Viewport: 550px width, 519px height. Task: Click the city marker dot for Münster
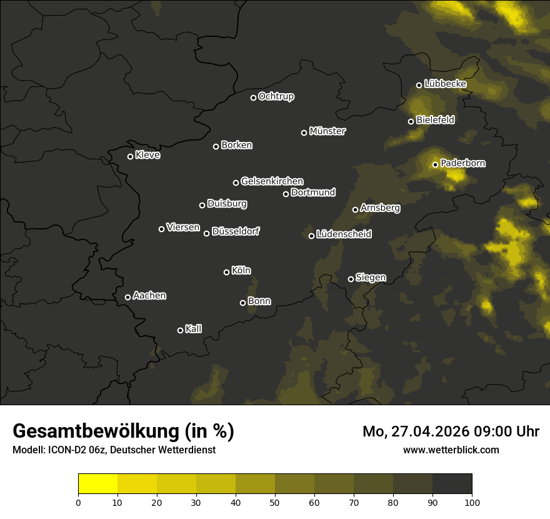(x=304, y=133)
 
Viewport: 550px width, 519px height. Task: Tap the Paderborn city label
(x=462, y=163)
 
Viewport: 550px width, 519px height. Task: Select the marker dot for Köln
(x=226, y=272)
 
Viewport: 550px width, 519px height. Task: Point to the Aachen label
(x=149, y=296)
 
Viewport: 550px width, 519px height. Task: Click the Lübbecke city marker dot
(x=419, y=85)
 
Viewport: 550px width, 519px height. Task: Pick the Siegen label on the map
(x=371, y=278)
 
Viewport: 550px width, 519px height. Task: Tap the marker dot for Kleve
(x=130, y=156)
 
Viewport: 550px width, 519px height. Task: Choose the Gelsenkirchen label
(x=272, y=181)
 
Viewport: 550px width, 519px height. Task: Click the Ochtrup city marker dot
(x=253, y=98)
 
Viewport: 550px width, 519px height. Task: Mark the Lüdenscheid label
(x=344, y=234)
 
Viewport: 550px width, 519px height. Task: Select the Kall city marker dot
(x=180, y=330)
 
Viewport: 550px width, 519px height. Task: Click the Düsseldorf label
(x=236, y=231)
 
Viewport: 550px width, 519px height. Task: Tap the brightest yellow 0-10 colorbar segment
(x=97, y=484)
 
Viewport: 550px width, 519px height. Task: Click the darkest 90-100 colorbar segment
(x=452, y=484)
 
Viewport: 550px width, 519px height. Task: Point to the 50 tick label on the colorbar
(x=275, y=502)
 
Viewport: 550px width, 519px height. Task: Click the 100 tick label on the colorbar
(x=472, y=502)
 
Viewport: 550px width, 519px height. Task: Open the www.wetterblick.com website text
(x=451, y=450)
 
